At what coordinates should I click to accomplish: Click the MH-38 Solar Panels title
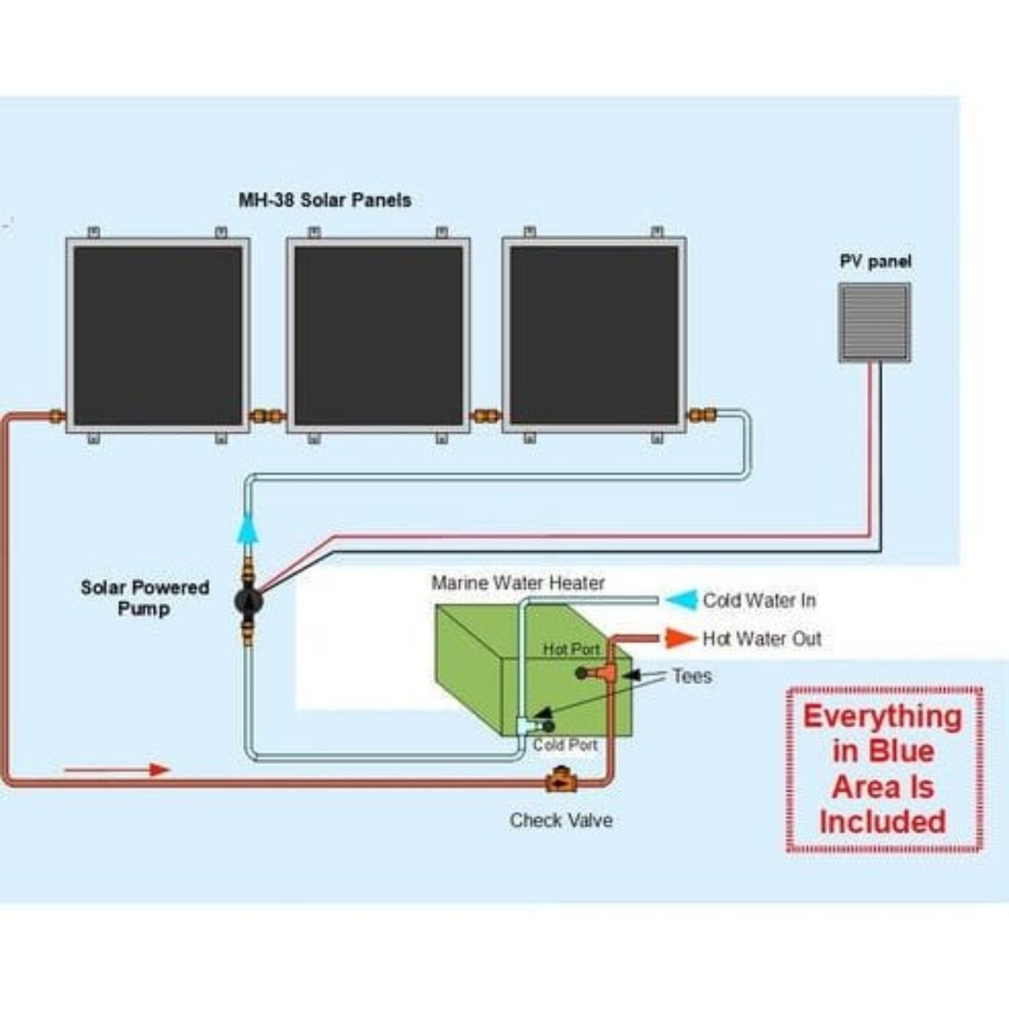pos(325,200)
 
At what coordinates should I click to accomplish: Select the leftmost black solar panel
pos(158,335)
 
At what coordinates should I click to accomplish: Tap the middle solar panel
pos(378,335)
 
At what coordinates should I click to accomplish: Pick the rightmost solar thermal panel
pos(594,335)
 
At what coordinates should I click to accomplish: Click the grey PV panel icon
pos(874,321)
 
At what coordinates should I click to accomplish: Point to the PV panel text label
pos(875,261)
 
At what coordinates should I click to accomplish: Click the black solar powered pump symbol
pos(248,600)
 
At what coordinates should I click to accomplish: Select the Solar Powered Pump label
pos(145,597)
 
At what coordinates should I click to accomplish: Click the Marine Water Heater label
pos(517,582)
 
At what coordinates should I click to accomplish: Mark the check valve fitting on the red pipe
pos(560,781)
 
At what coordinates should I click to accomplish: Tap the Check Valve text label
pos(561,820)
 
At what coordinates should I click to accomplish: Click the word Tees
pos(692,676)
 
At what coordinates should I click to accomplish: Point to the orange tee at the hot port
pos(605,673)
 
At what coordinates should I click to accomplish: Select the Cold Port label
pos(565,744)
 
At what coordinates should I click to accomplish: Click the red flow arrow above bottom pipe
pos(117,770)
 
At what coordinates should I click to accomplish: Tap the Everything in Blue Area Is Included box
pos(884,769)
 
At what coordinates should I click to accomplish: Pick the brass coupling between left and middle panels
pos(267,416)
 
